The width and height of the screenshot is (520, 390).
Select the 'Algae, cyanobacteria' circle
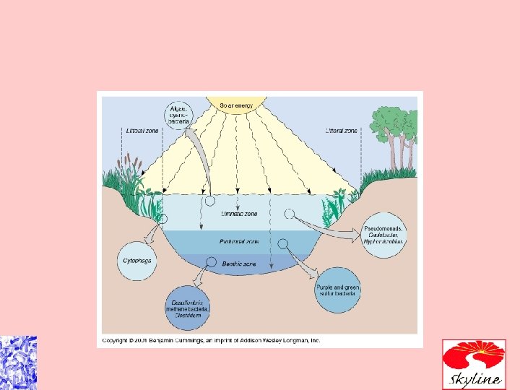178,111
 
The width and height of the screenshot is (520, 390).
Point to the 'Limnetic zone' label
238,214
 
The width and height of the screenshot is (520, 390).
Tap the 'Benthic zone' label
238,264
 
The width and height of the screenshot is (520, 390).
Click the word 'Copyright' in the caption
117,340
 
